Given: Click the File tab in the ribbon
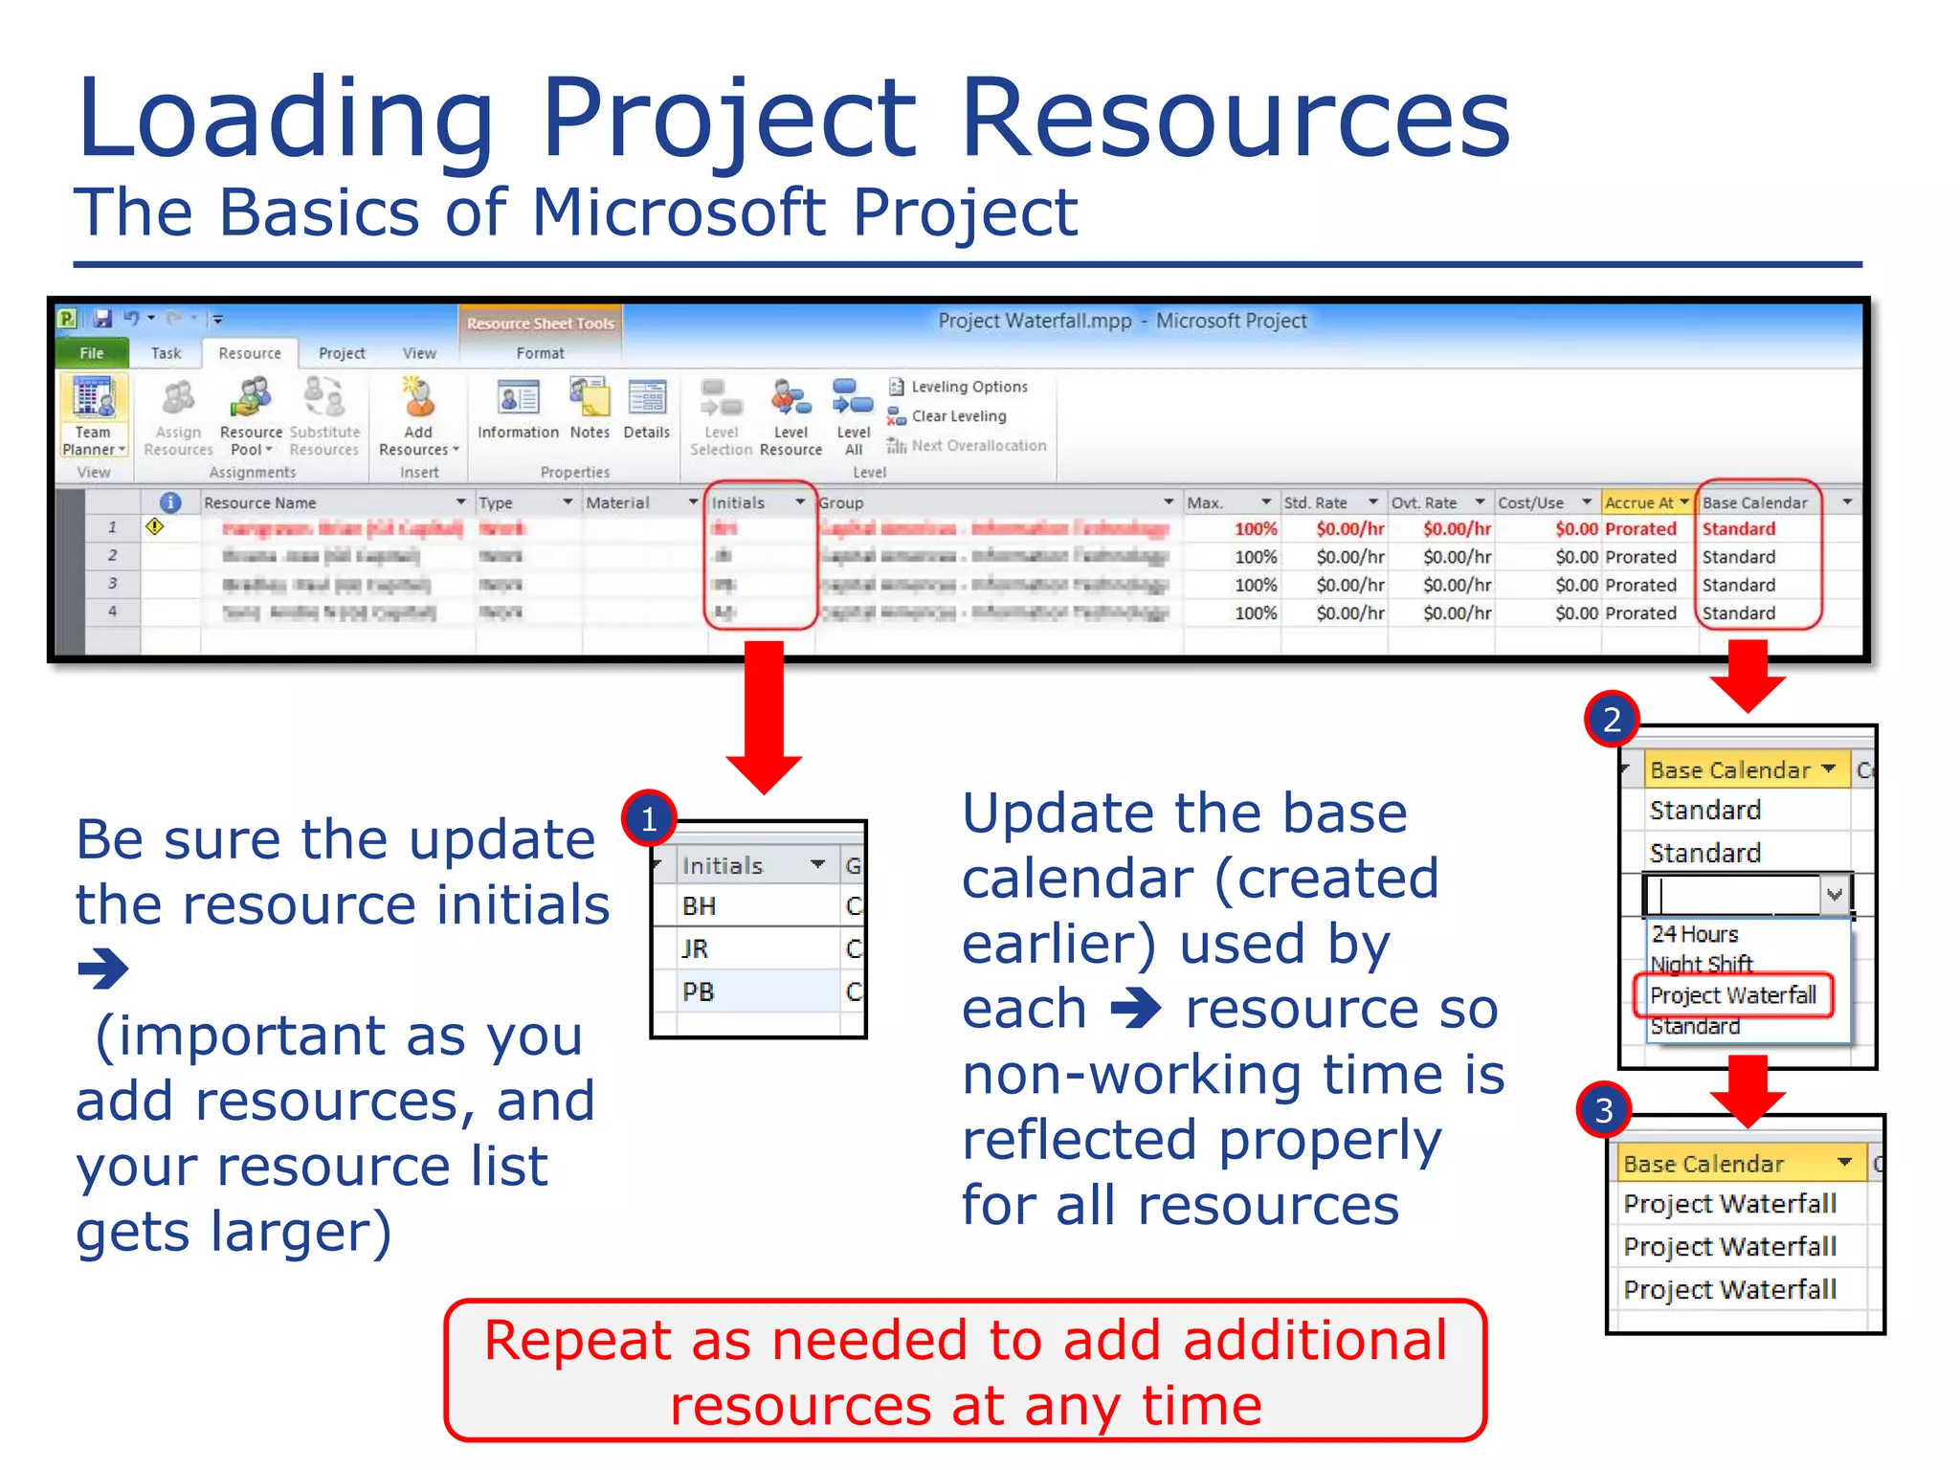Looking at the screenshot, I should [91, 353].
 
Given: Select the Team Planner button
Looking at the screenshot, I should [94, 415].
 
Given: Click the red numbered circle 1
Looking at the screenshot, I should [649, 819].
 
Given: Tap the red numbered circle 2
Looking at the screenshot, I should [1612, 719].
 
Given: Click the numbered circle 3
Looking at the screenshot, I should [1604, 1109].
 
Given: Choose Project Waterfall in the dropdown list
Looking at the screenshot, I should [1732, 995].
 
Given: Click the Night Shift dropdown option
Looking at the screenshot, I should [1702, 964].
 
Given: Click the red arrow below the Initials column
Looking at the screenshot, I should [764, 718].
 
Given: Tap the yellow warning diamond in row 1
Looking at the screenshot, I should [154, 526].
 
